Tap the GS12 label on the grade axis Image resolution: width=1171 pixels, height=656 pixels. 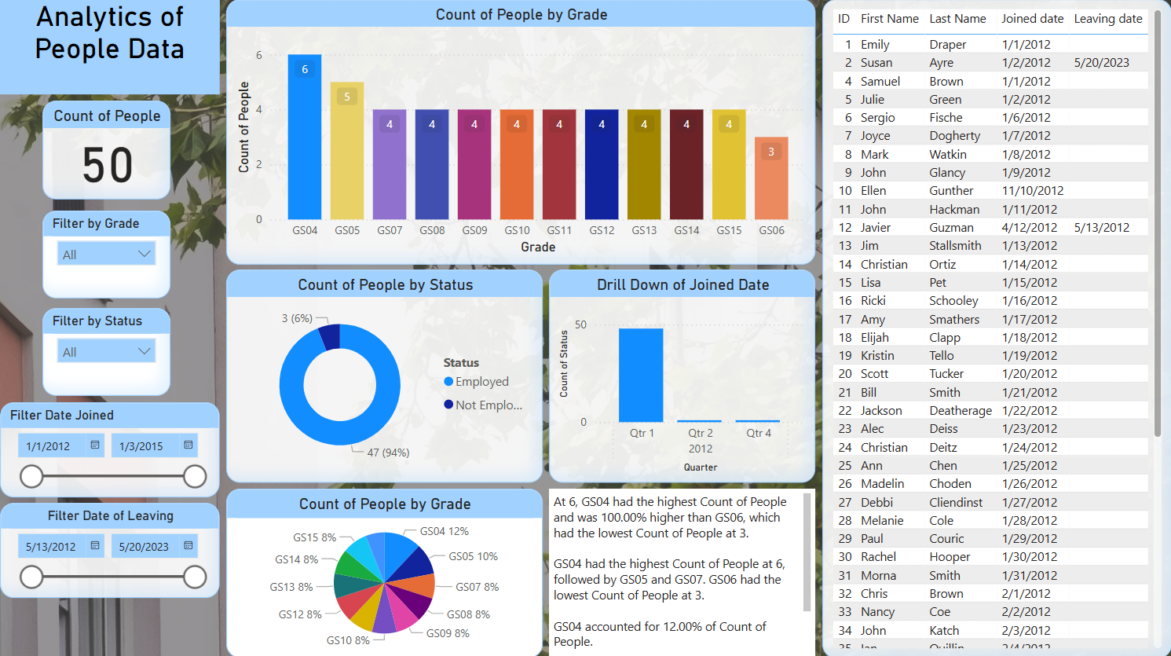(602, 230)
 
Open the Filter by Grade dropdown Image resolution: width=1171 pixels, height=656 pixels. (107, 254)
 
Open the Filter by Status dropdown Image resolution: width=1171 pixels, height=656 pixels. (107, 351)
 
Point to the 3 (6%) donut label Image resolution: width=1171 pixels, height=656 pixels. (297, 318)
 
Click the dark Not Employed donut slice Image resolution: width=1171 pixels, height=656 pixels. (331, 336)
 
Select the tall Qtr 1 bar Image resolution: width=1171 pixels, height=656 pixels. (641, 375)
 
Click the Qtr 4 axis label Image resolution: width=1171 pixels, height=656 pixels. (759, 433)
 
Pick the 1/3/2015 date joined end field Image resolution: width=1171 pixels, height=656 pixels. (141, 446)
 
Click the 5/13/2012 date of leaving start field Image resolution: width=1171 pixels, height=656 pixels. (51, 547)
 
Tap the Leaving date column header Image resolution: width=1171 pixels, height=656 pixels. (1107, 19)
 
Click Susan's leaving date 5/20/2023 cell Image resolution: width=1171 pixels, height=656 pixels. (1101, 63)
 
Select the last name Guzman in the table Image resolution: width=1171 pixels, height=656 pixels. (951, 228)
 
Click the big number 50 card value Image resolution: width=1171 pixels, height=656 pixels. (107, 166)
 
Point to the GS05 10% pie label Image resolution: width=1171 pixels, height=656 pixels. (473, 556)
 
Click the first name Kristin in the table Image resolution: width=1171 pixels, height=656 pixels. (877, 356)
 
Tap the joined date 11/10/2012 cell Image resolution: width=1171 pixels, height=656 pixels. (1032, 191)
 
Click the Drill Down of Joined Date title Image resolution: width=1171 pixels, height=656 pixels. (682, 285)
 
